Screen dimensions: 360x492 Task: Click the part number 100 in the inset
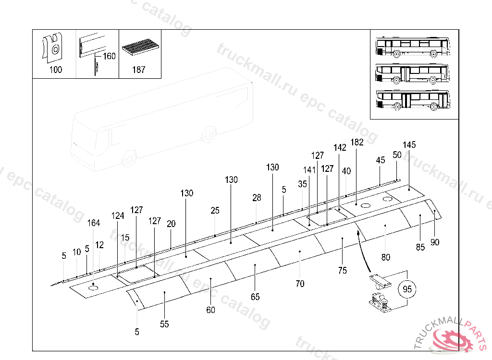(x=56, y=70)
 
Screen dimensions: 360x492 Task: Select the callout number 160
(x=109, y=56)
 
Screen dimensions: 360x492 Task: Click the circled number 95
(x=407, y=289)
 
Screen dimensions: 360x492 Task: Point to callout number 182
(x=357, y=142)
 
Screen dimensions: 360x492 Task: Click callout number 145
(x=409, y=145)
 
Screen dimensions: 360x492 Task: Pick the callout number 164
(x=94, y=223)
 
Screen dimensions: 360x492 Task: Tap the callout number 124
(x=118, y=216)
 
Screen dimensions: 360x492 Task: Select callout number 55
(x=165, y=324)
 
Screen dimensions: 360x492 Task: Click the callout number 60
(x=211, y=310)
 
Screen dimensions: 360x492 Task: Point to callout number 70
(x=300, y=284)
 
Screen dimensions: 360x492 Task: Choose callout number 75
(x=343, y=270)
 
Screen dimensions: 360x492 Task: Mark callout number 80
(x=386, y=257)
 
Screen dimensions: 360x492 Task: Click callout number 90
(x=435, y=242)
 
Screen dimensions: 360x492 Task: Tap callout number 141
(x=309, y=170)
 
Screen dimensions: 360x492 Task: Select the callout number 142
(x=340, y=148)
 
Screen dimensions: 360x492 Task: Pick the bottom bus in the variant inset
(x=413, y=99)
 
